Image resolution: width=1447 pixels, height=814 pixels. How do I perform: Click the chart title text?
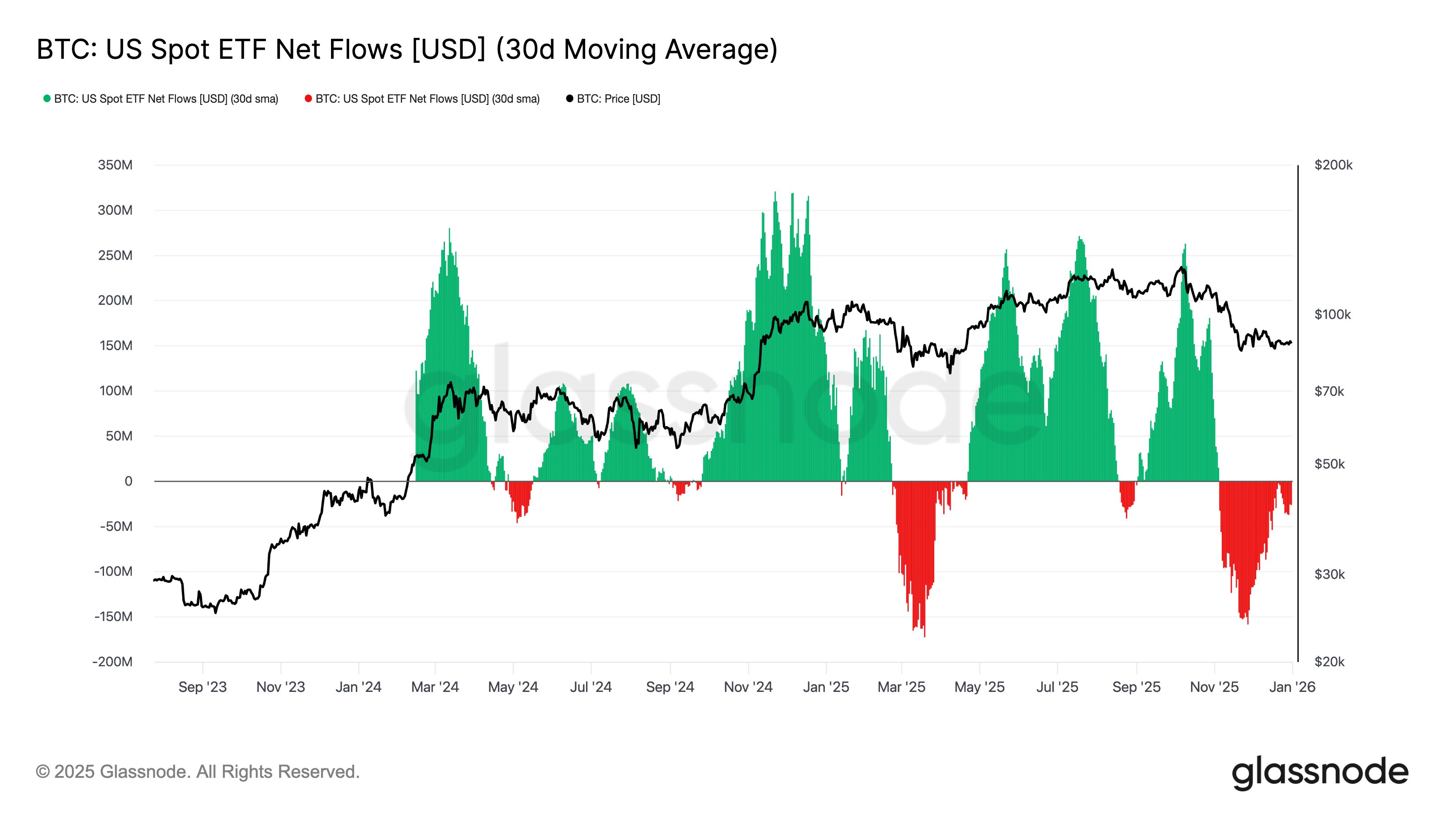pyautogui.click(x=407, y=49)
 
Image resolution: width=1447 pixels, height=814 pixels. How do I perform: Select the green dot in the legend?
pyautogui.click(x=47, y=99)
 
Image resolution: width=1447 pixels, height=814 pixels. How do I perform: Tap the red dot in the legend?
pyautogui.click(x=308, y=99)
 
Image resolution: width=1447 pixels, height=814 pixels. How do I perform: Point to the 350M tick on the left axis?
pyautogui.click(x=115, y=165)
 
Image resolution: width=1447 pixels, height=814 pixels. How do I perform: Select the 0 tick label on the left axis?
pyautogui.click(x=128, y=482)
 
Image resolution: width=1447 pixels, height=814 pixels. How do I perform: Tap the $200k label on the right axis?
pyautogui.click(x=1333, y=165)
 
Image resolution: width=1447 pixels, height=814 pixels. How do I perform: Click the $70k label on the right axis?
pyautogui.click(x=1329, y=391)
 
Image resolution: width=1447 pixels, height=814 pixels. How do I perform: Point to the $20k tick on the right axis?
pyautogui.click(x=1329, y=662)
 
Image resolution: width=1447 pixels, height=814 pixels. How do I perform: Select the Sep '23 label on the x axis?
pyautogui.click(x=202, y=687)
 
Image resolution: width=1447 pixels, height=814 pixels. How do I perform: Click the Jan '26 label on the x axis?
pyautogui.click(x=1292, y=687)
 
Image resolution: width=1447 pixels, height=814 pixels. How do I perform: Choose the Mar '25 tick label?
pyautogui.click(x=901, y=687)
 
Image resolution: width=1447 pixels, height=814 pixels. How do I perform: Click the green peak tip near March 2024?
pyautogui.click(x=449, y=230)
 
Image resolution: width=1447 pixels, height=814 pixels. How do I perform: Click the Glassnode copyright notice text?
pyautogui.click(x=198, y=772)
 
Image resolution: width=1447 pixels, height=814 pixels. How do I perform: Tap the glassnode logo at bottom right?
pyautogui.click(x=1319, y=772)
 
